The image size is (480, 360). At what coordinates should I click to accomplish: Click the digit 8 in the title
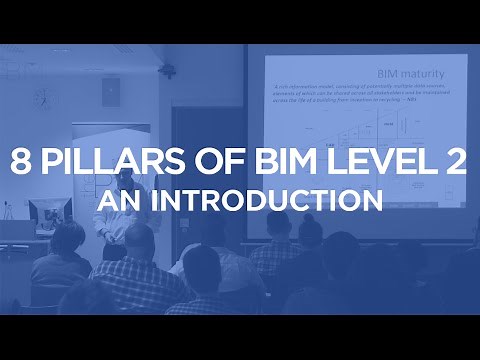pyautogui.click(x=23, y=164)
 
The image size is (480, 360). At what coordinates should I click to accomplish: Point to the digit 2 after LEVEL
pyautogui.click(x=456, y=164)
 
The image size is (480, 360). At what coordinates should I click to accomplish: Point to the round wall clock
pyautogui.click(x=41, y=97)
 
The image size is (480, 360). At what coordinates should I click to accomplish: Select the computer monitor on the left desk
pyautogui.click(x=45, y=212)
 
